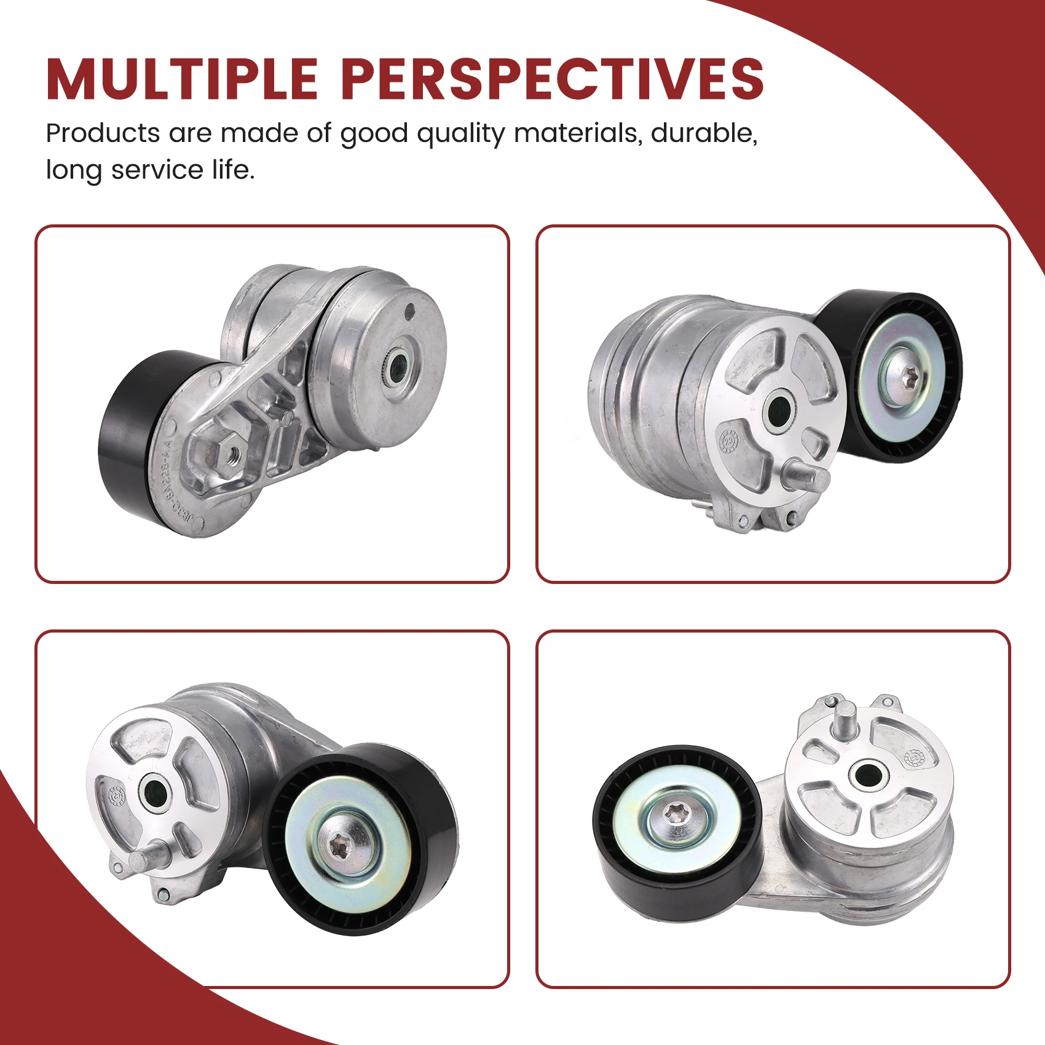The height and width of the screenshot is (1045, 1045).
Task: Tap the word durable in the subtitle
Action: (x=703, y=133)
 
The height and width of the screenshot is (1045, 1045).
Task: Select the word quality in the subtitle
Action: (x=460, y=134)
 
